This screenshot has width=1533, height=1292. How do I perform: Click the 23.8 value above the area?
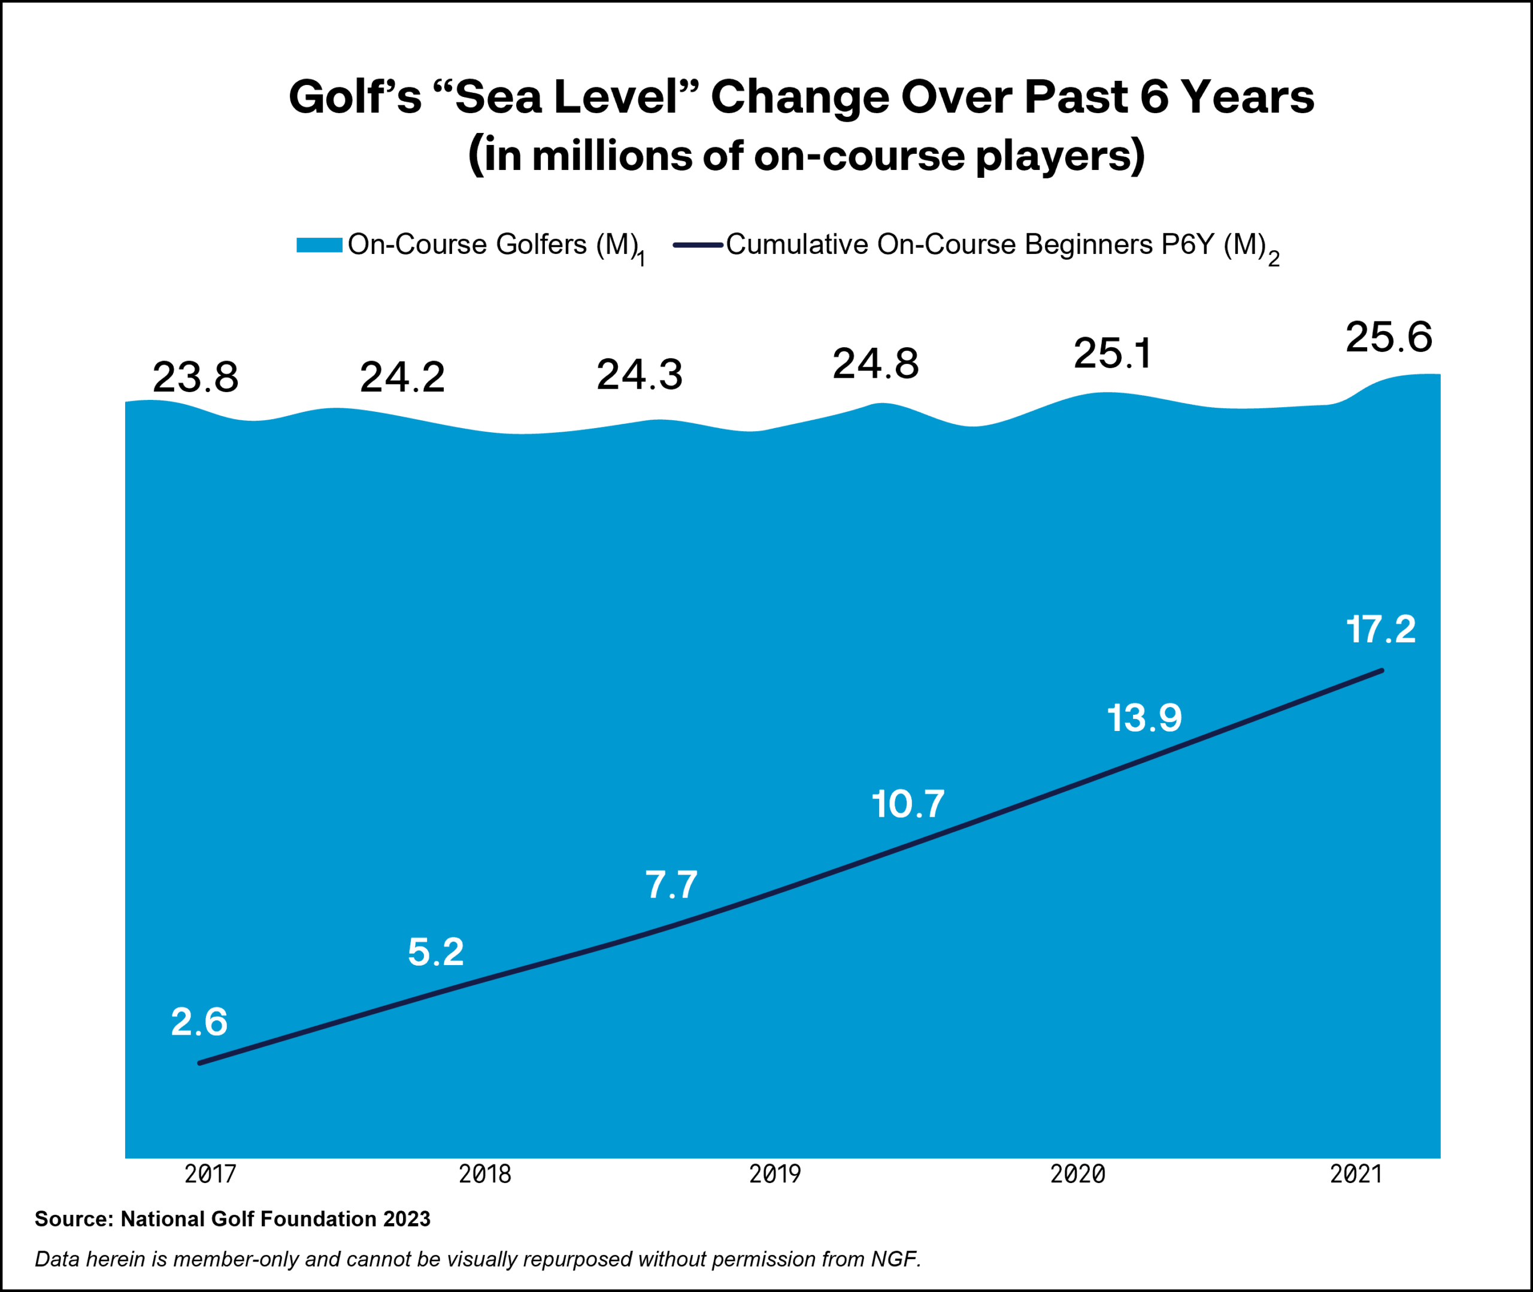(x=196, y=378)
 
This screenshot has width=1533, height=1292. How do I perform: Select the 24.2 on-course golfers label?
(x=402, y=378)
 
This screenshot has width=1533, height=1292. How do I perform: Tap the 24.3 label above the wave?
(x=640, y=375)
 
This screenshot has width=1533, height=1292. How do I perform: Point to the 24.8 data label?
(x=875, y=364)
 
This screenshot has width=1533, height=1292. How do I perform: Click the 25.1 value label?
(x=1112, y=354)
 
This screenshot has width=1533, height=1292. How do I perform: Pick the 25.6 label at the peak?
(x=1389, y=338)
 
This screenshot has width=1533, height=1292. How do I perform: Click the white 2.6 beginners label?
(x=199, y=1022)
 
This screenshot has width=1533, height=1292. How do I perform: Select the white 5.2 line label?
(x=436, y=951)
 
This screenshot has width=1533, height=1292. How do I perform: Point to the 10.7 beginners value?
(x=908, y=804)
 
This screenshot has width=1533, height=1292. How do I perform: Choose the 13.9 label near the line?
(x=1144, y=718)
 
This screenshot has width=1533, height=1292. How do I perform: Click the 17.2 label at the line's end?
(x=1381, y=630)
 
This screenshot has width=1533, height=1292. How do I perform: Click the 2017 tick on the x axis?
(x=210, y=1174)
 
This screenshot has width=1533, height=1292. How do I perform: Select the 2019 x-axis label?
(x=775, y=1174)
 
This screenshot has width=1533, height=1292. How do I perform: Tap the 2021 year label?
(x=1356, y=1174)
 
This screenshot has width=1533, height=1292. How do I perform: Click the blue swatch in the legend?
(x=319, y=245)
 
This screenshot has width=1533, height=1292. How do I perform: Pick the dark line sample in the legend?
(x=698, y=245)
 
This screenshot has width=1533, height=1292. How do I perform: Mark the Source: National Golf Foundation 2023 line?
(x=232, y=1220)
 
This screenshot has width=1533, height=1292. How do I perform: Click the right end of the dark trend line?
(x=1381, y=671)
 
